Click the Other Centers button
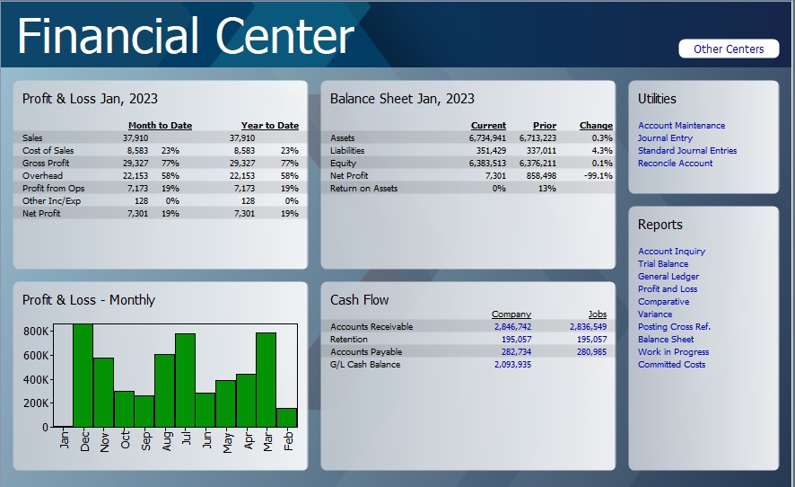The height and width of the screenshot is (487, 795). [728, 49]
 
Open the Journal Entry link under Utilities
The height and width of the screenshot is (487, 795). [665, 138]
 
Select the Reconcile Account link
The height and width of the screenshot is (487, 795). [675, 164]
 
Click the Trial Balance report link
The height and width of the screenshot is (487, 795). [663, 264]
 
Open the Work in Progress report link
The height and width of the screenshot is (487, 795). [673, 352]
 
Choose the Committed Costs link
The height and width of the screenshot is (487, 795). [671, 365]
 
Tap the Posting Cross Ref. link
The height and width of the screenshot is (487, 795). [674, 327]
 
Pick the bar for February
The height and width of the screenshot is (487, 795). [287, 418]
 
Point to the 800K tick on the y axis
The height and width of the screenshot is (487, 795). [35, 332]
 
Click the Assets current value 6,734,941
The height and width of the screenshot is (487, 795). [487, 138]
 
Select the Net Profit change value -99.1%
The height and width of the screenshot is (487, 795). [596, 176]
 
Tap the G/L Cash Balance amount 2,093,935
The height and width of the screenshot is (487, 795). [511, 365]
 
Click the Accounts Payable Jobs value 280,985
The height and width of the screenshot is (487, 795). [588, 352]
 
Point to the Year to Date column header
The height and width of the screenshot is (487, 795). [269, 126]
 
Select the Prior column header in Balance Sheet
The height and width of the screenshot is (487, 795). [544, 126]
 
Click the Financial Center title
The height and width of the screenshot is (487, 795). [186, 36]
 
